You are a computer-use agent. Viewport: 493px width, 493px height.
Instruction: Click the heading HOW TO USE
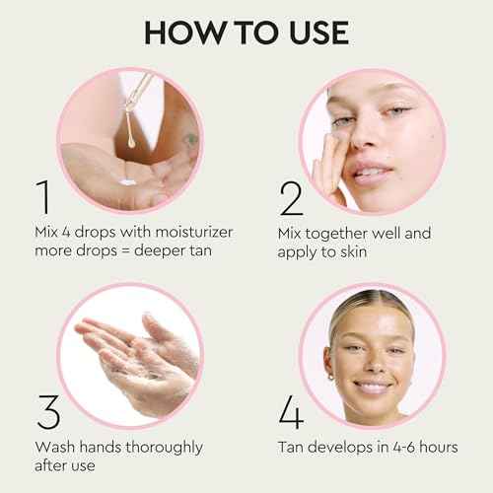[246, 32]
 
